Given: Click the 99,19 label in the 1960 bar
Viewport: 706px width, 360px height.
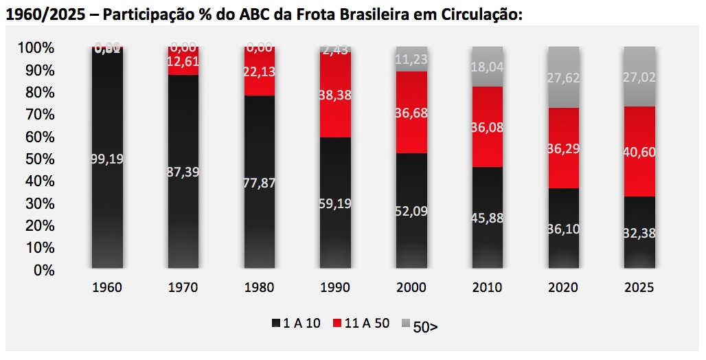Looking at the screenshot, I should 107,159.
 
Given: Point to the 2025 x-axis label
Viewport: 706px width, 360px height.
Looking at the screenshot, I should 639,287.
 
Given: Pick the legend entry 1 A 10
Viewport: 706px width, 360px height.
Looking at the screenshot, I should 296,324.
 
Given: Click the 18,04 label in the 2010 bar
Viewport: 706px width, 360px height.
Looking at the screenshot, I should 487,67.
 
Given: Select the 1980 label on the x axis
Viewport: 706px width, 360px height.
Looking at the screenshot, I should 259,287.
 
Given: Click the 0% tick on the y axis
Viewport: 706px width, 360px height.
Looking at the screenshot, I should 44,270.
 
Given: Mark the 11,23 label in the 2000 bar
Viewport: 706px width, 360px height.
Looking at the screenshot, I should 411,59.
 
